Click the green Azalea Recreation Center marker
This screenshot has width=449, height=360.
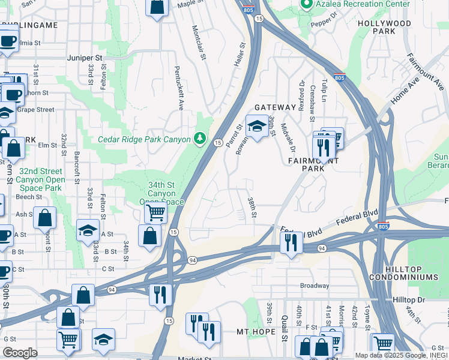(x=306, y=5)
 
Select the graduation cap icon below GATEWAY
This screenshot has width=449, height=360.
(x=258, y=127)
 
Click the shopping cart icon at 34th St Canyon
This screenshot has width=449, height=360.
(x=156, y=211)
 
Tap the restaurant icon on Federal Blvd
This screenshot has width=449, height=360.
(x=291, y=243)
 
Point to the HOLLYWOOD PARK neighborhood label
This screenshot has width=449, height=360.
(x=384, y=27)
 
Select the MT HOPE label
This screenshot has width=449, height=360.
(x=251, y=332)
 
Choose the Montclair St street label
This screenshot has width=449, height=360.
(x=199, y=42)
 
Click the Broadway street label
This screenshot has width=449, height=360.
(x=315, y=286)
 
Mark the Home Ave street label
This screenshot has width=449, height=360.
(x=406, y=93)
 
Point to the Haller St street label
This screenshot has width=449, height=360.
(x=241, y=54)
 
